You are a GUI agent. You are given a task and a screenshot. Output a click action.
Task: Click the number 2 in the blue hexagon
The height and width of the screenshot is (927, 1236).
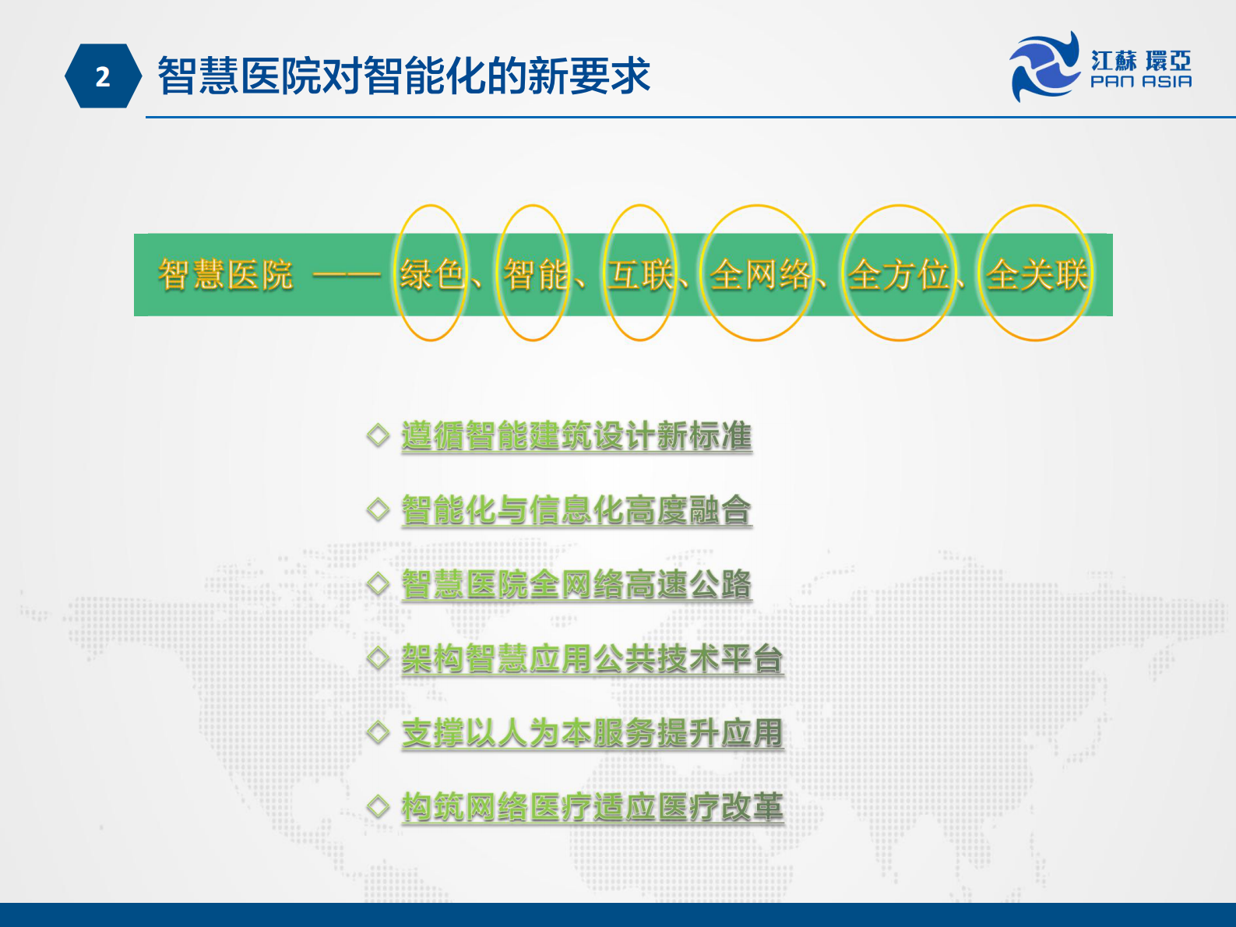[x=103, y=77]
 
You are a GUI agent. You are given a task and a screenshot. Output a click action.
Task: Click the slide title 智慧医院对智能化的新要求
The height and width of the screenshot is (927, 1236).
[x=403, y=76]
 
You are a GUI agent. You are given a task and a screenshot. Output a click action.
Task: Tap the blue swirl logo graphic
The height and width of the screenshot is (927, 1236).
[x=1044, y=66]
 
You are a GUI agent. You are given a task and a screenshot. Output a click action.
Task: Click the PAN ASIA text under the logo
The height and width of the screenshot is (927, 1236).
[x=1141, y=82]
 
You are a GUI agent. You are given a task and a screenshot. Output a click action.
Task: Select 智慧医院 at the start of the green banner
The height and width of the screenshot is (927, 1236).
[x=226, y=274]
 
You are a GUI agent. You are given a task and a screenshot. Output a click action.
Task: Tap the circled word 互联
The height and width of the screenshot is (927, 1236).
[x=640, y=274]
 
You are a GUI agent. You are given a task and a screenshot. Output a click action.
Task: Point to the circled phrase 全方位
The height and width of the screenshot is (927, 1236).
[x=899, y=274]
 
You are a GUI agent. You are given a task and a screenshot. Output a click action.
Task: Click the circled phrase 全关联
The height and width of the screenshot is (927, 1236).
[x=1037, y=274]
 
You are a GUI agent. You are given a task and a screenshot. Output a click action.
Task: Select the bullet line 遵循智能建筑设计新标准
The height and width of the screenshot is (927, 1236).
[x=576, y=435]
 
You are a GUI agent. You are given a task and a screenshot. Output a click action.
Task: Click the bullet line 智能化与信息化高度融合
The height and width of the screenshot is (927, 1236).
[x=576, y=510]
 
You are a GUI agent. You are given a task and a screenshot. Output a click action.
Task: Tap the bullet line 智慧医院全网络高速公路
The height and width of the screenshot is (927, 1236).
[x=576, y=584]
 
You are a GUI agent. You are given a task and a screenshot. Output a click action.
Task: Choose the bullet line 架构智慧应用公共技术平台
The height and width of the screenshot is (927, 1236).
[x=592, y=659]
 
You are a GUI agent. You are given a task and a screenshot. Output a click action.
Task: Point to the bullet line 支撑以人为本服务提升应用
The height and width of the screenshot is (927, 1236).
[x=592, y=733]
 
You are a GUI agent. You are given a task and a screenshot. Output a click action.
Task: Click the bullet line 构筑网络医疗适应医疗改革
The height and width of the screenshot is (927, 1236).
[x=592, y=807]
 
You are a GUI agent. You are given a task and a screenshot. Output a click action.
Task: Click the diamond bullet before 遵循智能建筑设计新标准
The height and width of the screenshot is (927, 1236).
[x=378, y=435]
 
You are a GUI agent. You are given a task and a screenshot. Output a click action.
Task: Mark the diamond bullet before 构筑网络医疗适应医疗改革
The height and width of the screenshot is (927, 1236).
[x=378, y=806]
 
